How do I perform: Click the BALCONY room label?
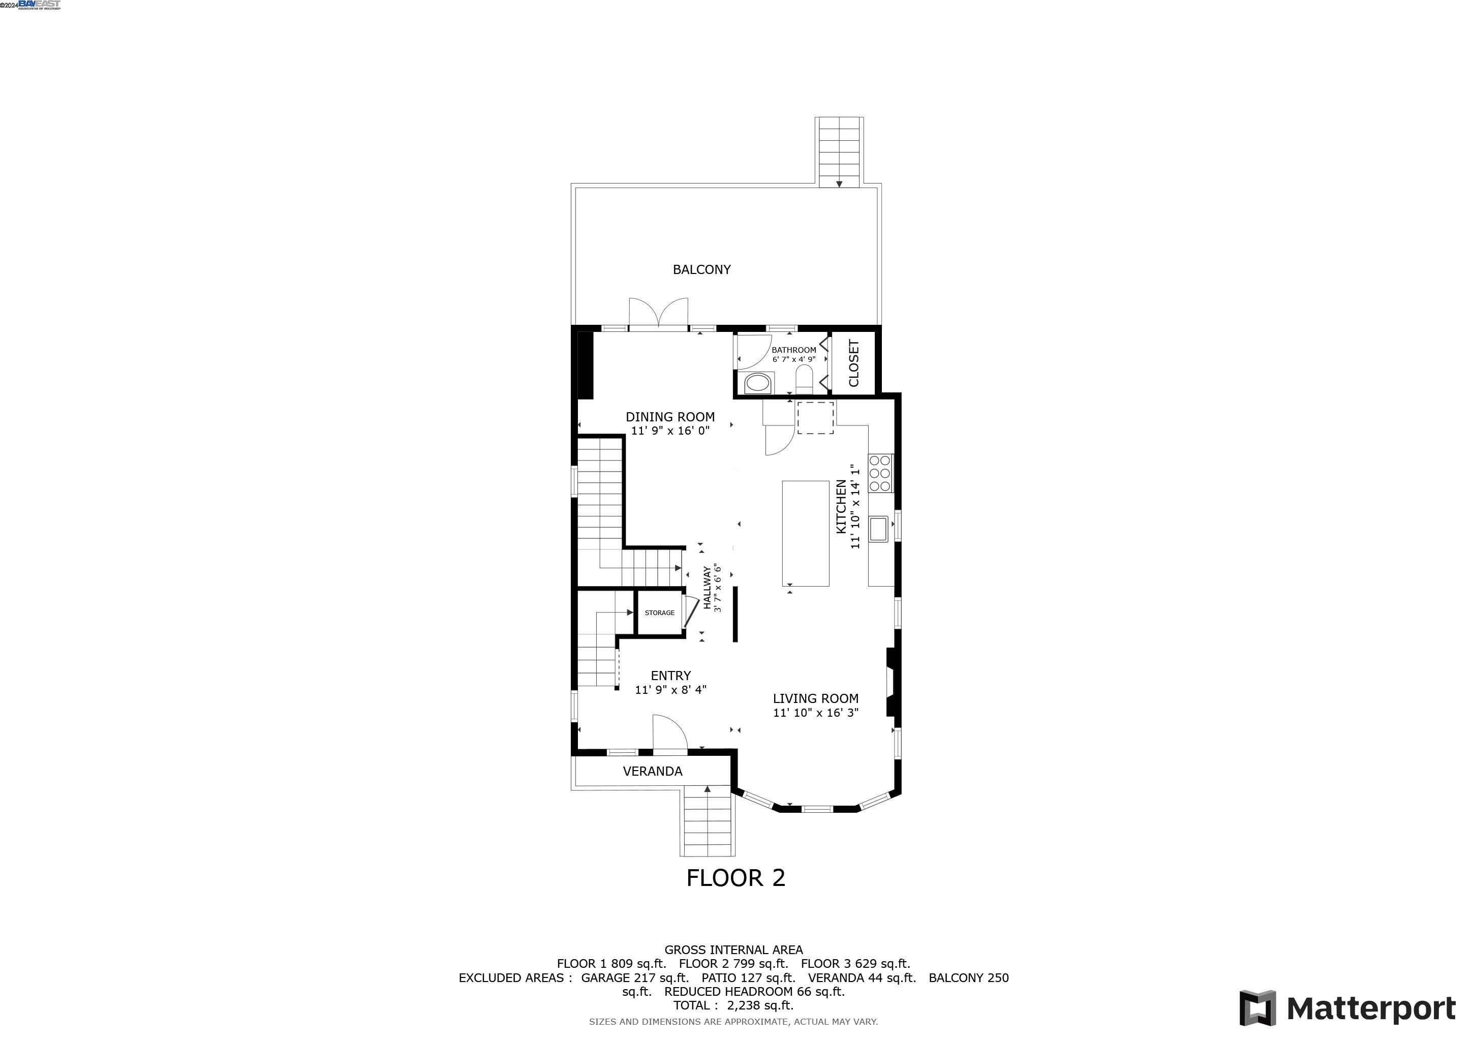[701, 270]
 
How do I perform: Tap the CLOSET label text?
[853, 363]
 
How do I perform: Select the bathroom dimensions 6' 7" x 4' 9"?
[794, 359]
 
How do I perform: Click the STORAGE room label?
[660, 613]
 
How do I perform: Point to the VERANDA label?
[653, 772]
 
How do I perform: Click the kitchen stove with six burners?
[880, 473]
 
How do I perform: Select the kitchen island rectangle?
[805, 533]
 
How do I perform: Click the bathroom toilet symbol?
[804, 380]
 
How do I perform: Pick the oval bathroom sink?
[758, 384]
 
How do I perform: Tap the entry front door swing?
[669, 732]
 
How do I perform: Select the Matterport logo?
[1347, 1008]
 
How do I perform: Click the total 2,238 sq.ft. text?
[733, 1005]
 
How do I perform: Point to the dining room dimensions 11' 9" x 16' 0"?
[670, 431]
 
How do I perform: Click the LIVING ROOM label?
[815, 699]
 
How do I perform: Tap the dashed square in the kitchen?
[815, 417]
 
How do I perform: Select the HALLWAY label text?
[707, 588]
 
